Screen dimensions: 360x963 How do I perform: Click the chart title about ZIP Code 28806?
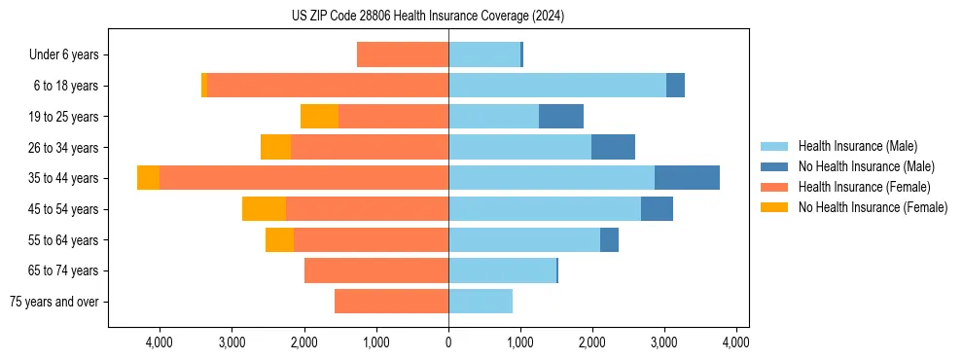428,17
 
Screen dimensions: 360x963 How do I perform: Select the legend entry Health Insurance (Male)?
856,146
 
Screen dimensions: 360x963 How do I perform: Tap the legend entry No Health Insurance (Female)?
873,207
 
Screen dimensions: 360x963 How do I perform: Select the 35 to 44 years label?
64,178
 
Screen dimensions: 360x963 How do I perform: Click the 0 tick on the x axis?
448,342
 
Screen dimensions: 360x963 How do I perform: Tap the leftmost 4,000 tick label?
159,342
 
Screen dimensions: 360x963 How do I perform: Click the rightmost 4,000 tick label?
736,342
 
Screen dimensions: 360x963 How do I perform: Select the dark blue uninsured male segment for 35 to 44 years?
687,178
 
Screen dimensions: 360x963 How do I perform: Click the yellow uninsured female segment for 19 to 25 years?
319,117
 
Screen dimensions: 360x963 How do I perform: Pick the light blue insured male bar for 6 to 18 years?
557,86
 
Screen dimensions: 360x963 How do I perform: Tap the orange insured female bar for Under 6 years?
403,54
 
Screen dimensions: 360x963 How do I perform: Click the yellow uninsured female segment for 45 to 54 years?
264,209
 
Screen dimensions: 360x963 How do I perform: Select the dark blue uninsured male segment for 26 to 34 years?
613,147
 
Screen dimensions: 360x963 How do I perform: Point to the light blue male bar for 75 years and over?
481,302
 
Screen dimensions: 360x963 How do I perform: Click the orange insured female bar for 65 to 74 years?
376,270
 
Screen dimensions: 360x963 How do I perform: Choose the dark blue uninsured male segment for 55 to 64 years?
609,239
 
